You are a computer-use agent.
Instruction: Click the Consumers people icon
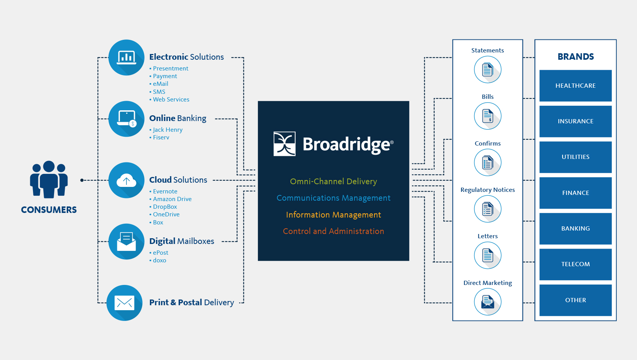[x=49, y=179]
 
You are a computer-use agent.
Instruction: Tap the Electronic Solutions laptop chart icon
[x=126, y=57]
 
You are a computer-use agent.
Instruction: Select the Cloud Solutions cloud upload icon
[x=126, y=180]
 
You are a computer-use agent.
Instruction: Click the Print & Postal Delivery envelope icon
[x=125, y=303]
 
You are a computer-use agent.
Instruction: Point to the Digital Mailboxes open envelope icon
[x=126, y=242]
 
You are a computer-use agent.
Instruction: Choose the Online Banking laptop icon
[x=126, y=119]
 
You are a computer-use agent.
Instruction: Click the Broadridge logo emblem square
[x=284, y=144]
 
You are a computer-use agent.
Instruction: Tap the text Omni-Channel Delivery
[x=333, y=181]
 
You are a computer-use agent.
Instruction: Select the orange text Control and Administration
[x=333, y=231]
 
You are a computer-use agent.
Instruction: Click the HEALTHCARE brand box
[x=576, y=85]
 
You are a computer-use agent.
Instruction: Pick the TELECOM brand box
[x=576, y=264]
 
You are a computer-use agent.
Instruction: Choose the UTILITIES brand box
[x=576, y=157]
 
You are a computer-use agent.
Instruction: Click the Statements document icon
[x=488, y=70]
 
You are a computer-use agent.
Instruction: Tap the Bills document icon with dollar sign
[x=488, y=116]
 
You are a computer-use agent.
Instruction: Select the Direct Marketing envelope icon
[x=488, y=302]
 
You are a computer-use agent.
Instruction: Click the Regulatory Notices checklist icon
[x=488, y=209]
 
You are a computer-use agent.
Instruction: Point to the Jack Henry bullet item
[x=166, y=130]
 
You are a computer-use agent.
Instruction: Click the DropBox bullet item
[x=163, y=207]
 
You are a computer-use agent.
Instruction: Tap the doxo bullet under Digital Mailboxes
[x=158, y=260]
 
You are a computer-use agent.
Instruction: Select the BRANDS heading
[x=576, y=57]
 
